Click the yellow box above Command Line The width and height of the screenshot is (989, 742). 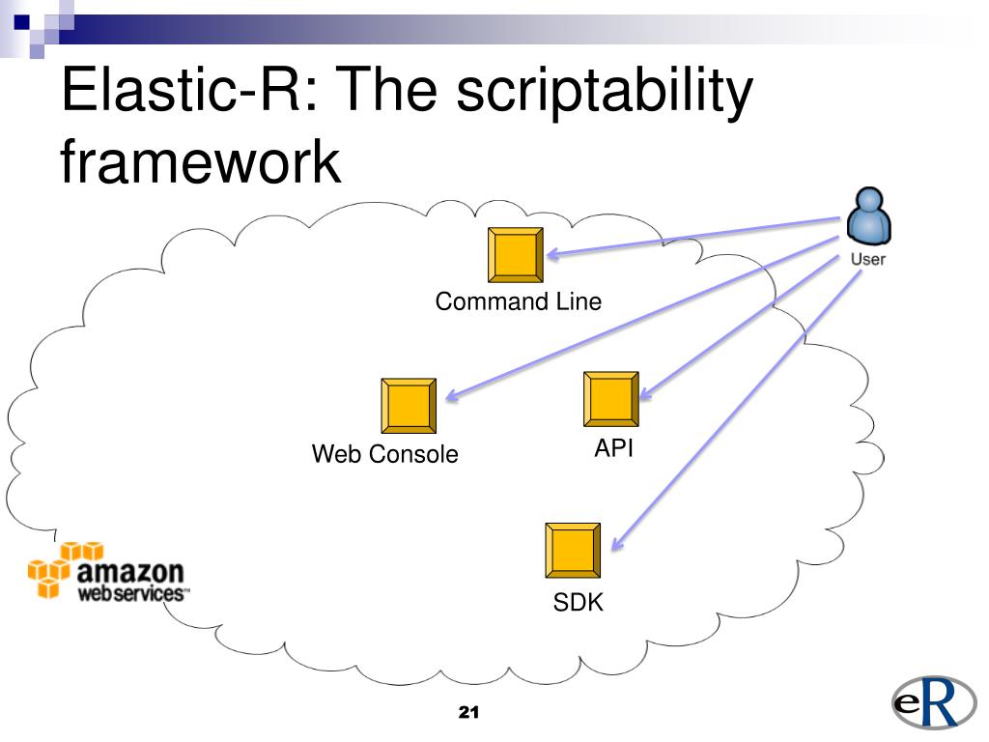[x=516, y=255]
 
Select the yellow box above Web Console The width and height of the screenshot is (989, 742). [x=409, y=406]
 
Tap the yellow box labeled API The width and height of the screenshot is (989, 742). [x=611, y=399]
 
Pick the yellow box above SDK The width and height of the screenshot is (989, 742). [x=573, y=550]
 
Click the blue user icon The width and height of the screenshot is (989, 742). [x=868, y=215]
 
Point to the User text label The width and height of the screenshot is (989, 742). [x=868, y=259]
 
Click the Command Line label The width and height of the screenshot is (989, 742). [x=519, y=301]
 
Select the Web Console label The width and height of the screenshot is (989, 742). [x=384, y=454]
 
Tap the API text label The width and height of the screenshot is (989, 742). [x=613, y=448]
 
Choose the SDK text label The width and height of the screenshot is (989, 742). [x=578, y=602]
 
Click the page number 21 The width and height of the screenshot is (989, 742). [x=468, y=712]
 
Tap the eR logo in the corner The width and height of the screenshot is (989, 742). [x=934, y=702]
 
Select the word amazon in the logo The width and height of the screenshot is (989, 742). [x=130, y=572]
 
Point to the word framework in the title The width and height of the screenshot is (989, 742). [x=201, y=161]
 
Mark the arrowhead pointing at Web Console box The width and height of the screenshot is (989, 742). [x=452, y=395]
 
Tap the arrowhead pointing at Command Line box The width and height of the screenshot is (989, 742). [x=553, y=254]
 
